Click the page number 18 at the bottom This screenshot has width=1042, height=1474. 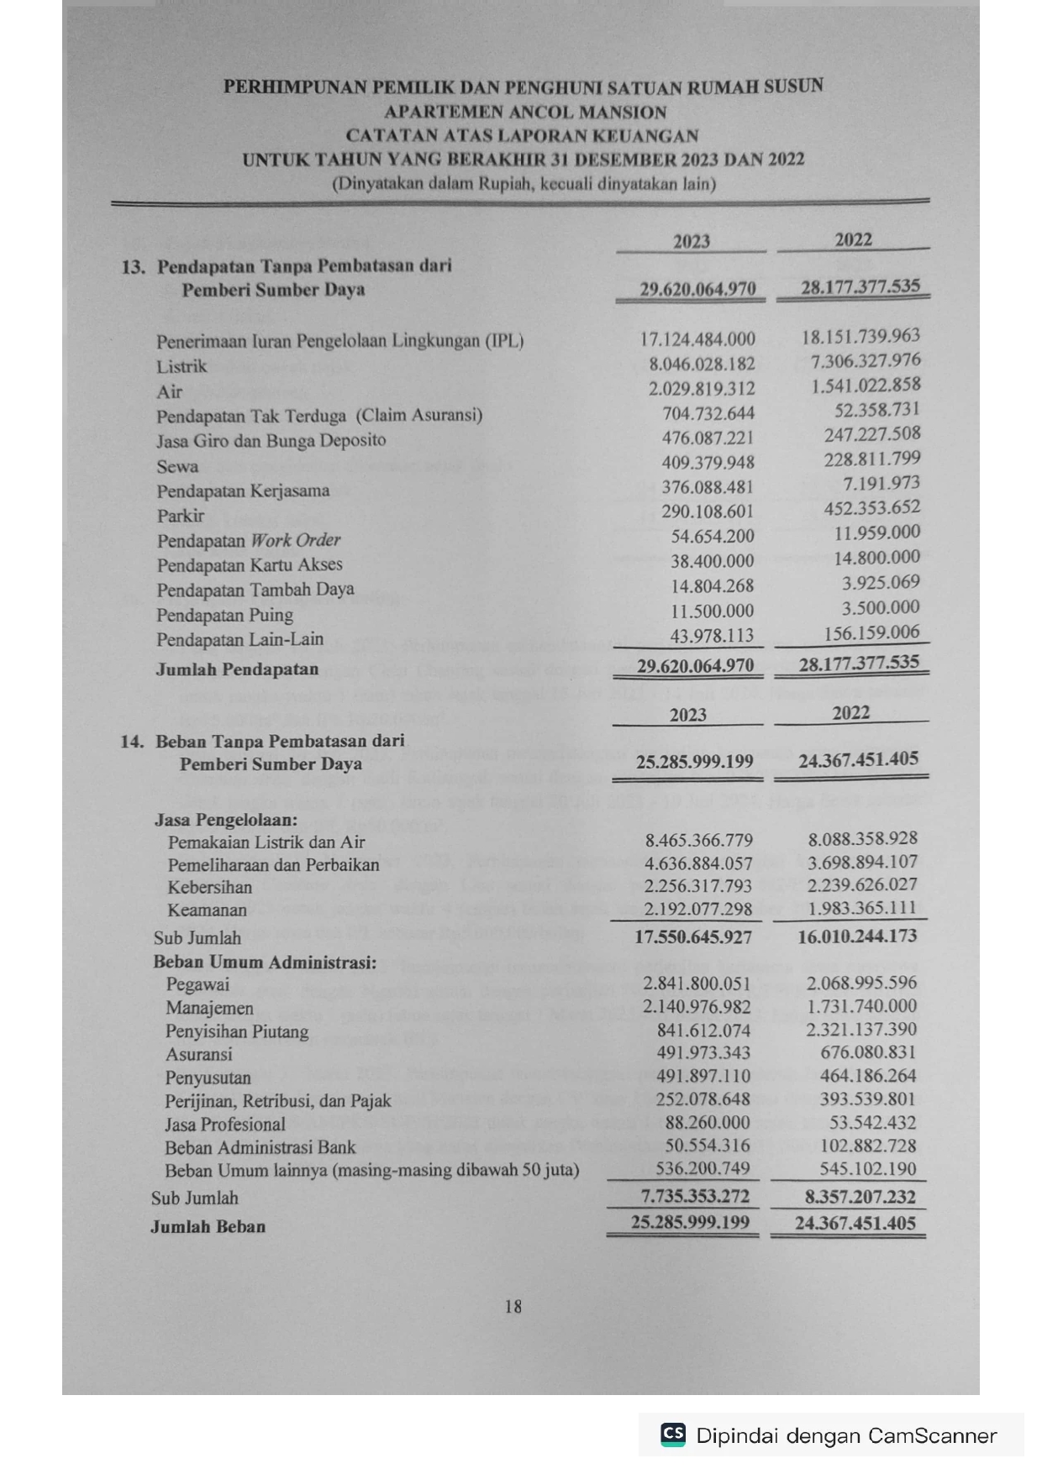tap(513, 1306)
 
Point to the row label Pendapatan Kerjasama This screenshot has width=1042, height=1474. tap(243, 490)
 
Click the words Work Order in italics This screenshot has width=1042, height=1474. tap(295, 540)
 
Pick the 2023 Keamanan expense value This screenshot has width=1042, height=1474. tap(698, 910)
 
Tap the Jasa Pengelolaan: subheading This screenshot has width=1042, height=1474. tap(226, 820)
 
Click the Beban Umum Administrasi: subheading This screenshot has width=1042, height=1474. tap(265, 962)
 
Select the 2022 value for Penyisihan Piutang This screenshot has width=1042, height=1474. tap(861, 1030)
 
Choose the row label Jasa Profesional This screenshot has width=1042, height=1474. tap(225, 1125)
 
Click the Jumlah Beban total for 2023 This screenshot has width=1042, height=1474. tap(690, 1222)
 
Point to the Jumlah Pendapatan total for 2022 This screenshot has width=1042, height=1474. tap(859, 664)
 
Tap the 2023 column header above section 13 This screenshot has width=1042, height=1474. tap(692, 242)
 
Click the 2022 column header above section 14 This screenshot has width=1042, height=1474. tap(850, 713)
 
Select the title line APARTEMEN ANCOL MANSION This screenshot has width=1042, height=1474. tap(525, 112)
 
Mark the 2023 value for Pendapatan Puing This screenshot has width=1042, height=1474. tap(712, 611)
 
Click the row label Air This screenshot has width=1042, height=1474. tap(169, 391)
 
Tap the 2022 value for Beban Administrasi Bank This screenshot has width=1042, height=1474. tap(868, 1146)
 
